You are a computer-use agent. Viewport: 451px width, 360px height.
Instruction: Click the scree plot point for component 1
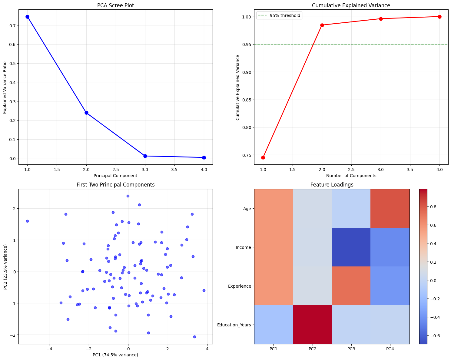27,17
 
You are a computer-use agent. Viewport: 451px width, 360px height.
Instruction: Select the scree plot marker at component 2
86,113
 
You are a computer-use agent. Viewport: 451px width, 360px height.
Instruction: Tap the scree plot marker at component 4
204,157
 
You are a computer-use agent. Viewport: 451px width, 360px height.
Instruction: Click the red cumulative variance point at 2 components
322,25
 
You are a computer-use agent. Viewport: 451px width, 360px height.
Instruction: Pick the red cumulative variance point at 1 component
263,157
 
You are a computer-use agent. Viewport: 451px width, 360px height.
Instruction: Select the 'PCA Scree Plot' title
115,5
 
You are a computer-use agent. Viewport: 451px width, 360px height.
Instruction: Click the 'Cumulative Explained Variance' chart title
351,5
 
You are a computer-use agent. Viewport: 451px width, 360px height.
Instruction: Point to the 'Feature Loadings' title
332,185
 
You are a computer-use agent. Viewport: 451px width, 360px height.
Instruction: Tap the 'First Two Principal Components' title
115,185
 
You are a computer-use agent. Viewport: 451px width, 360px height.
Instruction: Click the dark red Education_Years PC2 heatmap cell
312,325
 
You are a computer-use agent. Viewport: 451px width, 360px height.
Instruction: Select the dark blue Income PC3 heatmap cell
351,247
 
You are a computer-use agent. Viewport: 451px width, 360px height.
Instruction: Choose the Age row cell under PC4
390,208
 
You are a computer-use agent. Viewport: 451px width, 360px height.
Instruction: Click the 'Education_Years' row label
234,325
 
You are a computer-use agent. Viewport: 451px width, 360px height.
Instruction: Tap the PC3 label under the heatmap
351,349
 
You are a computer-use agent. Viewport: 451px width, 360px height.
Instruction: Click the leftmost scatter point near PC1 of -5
27,221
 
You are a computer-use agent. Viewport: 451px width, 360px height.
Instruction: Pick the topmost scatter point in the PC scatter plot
128,196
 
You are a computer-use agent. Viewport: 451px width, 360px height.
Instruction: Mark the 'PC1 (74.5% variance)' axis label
115,355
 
